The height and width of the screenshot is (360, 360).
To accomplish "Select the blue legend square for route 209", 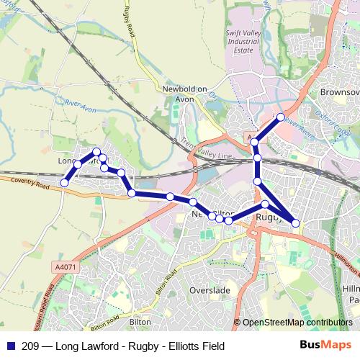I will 9,346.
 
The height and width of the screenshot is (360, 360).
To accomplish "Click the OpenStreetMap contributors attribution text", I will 297,323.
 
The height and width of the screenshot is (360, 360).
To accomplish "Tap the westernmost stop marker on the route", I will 64,183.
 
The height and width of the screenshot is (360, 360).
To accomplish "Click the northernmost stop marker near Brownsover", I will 281,116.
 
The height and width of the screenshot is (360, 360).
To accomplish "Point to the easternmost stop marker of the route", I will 296,223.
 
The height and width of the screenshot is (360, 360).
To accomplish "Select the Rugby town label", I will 269,216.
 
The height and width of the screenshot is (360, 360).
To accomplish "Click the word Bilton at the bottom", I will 139,323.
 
